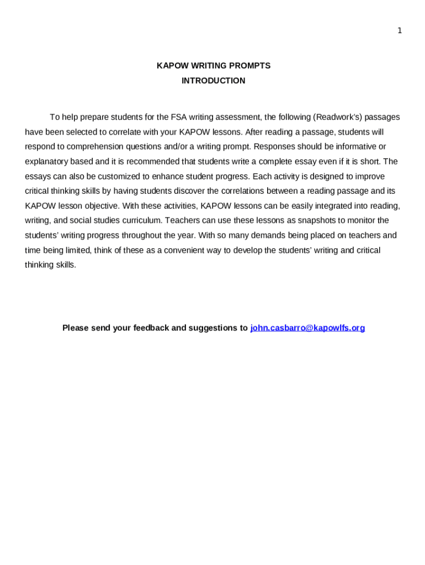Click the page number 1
click(400, 31)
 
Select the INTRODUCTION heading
click(214, 81)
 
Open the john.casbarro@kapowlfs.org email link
click(307, 328)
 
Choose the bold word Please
click(76, 328)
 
